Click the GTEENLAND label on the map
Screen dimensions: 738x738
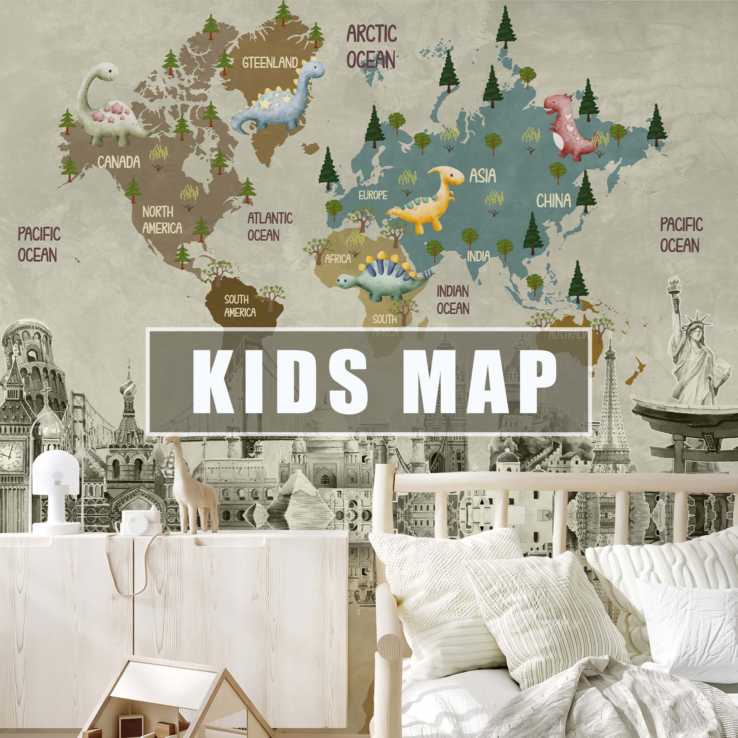click(x=270, y=62)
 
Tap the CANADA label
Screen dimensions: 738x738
click(x=119, y=162)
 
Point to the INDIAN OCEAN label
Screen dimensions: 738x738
click(x=453, y=300)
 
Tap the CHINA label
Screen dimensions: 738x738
click(x=553, y=200)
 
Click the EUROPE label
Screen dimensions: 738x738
click(x=373, y=195)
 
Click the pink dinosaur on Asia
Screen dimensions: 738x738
click(x=569, y=128)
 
